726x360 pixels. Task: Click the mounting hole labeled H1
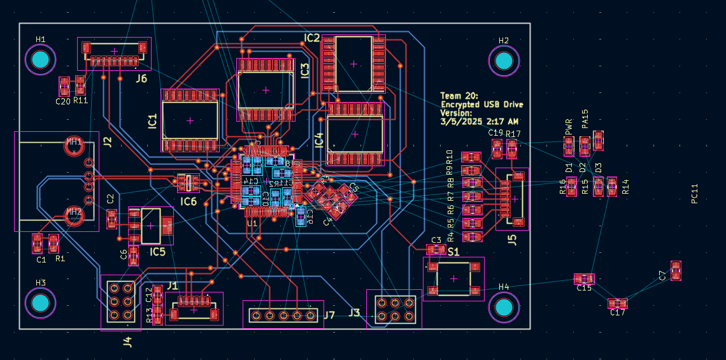pyautogui.click(x=40, y=60)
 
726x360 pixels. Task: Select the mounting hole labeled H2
pyautogui.click(x=504, y=61)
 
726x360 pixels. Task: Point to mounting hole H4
pyautogui.click(x=504, y=307)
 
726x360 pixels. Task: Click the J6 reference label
pyautogui.click(x=141, y=78)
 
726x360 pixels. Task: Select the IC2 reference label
pyautogui.click(x=311, y=38)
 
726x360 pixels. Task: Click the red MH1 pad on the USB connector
pyautogui.click(x=74, y=145)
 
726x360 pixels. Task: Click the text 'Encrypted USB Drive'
pyautogui.click(x=482, y=104)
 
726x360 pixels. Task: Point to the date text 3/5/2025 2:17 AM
pyautogui.click(x=478, y=120)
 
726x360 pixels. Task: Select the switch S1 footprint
pyautogui.click(x=453, y=278)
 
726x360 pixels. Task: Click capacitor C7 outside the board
pyautogui.click(x=675, y=271)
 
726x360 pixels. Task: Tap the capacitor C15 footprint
pyautogui.click(x=584, y=278)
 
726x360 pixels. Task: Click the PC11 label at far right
pyautogui.click(x=695, y=194)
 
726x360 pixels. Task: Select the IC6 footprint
pyautogui.click(x=188, y=184)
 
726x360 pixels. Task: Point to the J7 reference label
pyautogui.click(x=329, y=315)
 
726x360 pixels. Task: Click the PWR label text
pyautogui.click(x=569, y=126)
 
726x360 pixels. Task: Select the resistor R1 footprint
pyautogui.click(x=53, y=243)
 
